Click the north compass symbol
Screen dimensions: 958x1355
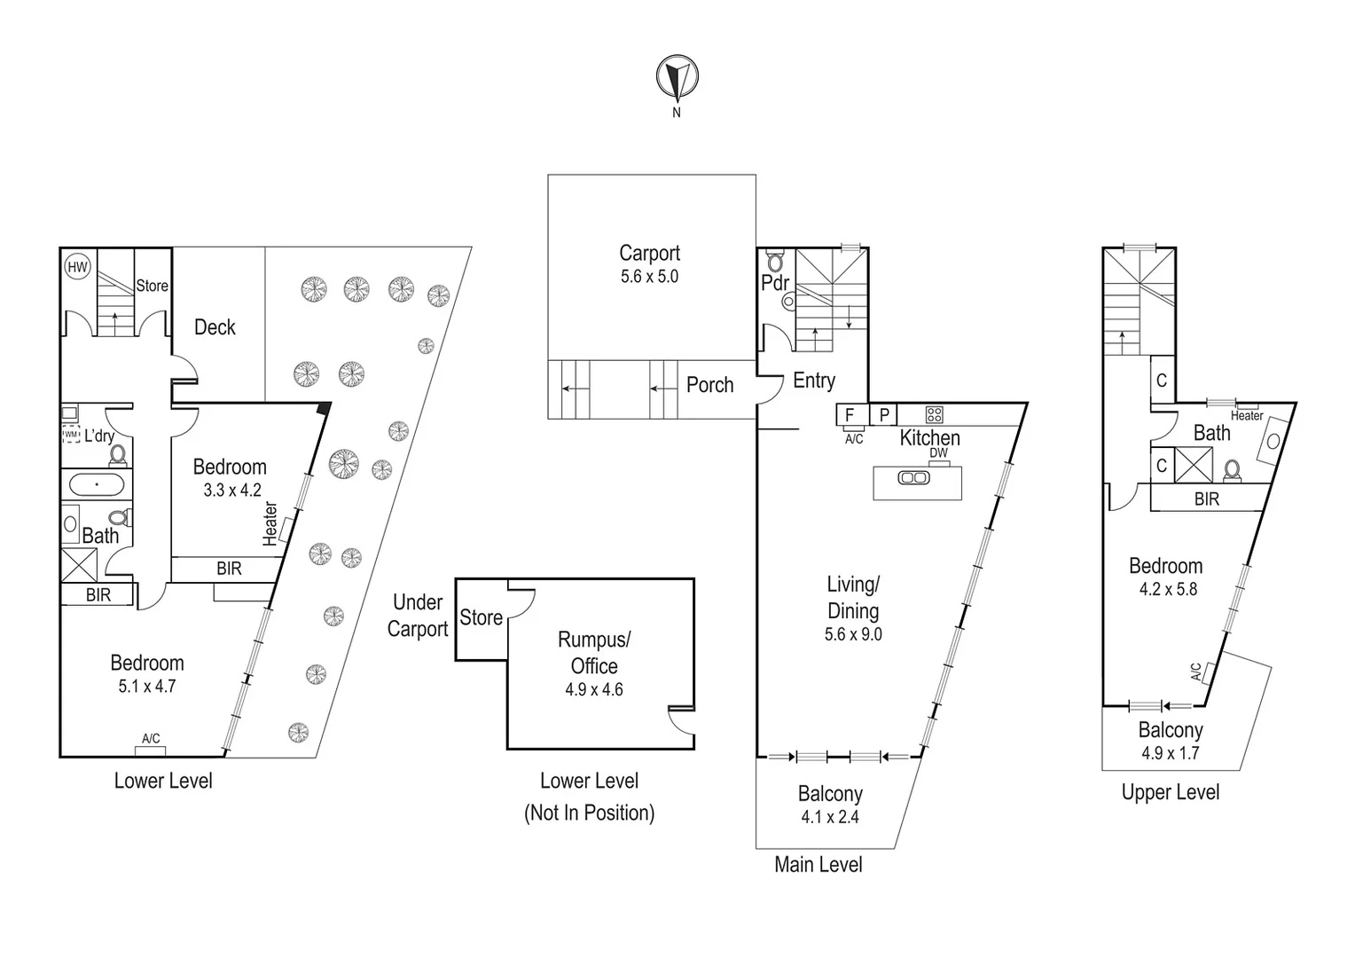pos(677,78)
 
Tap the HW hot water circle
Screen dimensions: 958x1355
pos(78,267)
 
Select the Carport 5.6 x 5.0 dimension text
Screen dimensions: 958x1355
pos(649,277)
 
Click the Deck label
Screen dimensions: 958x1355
pos(215,327)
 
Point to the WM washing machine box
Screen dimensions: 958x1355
pos(71,435)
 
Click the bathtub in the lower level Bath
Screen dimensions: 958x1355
pos(96,485)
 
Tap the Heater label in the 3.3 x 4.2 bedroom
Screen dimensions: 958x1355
pos(270,523)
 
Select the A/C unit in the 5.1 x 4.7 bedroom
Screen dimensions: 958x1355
pos(151,750)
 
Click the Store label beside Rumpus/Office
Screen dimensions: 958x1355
pos(481,617)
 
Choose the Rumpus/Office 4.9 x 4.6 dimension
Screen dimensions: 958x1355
pos(594,689)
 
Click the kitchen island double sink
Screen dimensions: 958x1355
pos(914,478)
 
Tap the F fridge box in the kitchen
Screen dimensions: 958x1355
pos(850,415)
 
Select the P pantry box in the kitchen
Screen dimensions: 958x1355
pos(883,415)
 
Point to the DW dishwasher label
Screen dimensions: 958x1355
pos(938,453)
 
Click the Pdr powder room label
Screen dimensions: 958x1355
pos(774,283)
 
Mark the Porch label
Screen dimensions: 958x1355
pos(709,385)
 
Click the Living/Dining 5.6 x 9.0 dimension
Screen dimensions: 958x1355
pos(852,634)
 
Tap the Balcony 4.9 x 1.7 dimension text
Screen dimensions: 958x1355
pos(1170,753)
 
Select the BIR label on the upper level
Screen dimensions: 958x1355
pos(1206,499)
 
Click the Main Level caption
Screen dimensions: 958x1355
pos(818,864)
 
